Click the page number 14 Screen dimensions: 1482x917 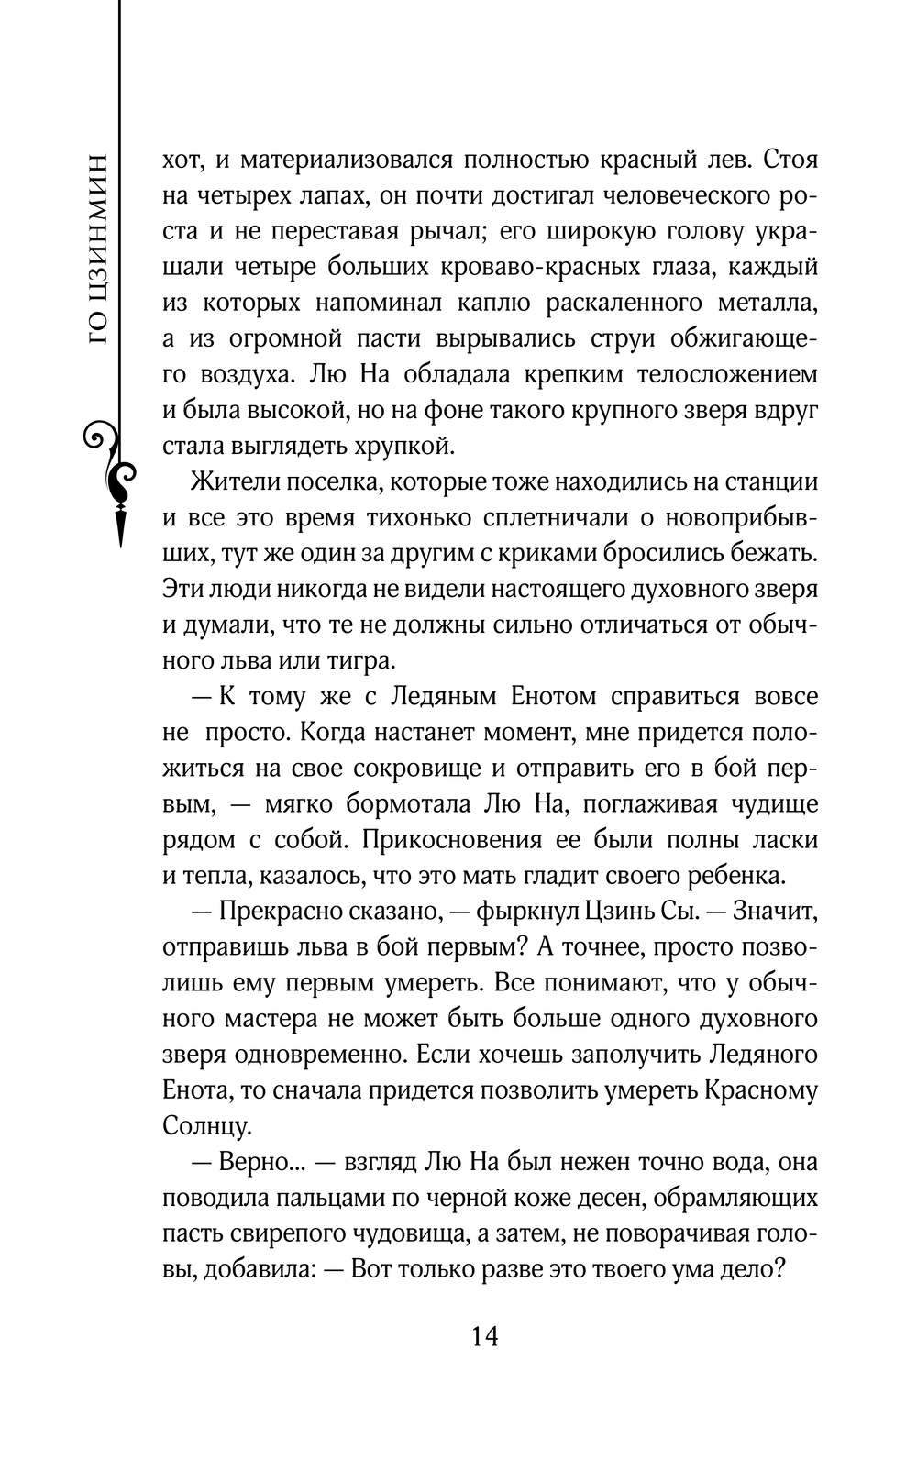(x=484, y=1336)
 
